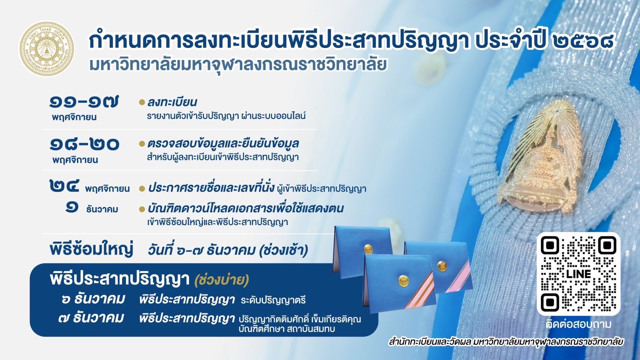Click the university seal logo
click(46, 49)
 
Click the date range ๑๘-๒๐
click(84, 144)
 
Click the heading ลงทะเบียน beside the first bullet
click(172, 102)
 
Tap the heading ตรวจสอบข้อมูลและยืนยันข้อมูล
click(223, 143)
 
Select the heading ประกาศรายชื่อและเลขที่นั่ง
click(211, 188)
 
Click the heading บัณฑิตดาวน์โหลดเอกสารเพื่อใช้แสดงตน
click(245, 208)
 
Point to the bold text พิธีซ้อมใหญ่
click(92, 249)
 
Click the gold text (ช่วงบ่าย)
click(221, 280)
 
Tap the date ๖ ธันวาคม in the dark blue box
click(93, 300)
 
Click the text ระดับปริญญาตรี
click(273, 300)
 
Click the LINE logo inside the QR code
click(578, 274)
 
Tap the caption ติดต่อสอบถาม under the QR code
click(578, 324)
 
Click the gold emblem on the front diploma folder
click(403, 281)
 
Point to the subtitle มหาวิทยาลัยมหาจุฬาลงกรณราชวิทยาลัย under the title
click(238, 64)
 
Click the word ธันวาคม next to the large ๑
click(102, 209)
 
